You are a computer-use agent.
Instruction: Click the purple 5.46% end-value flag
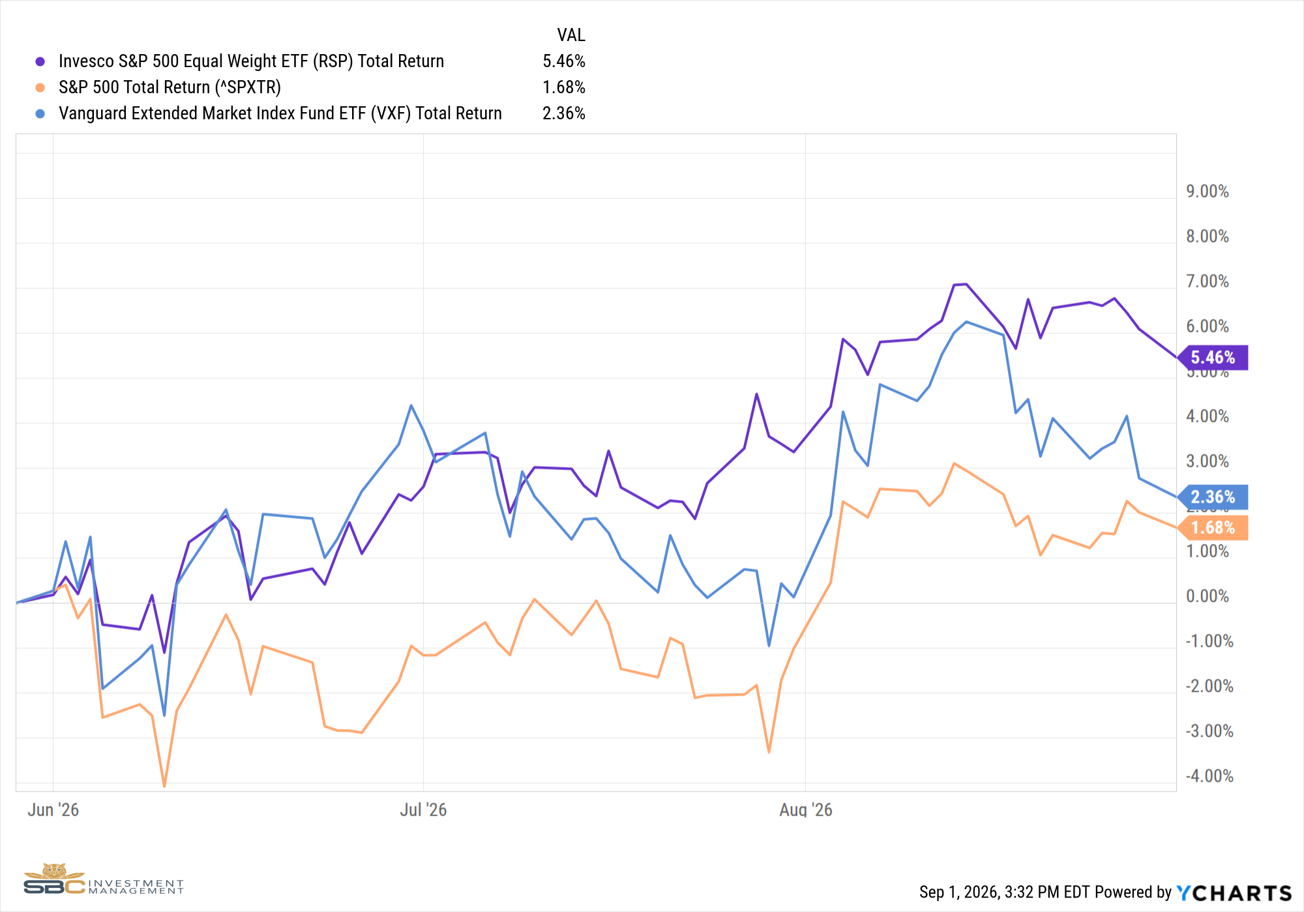click(x=1213, y=357)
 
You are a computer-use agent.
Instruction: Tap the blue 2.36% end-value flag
click(x=1213, y=497)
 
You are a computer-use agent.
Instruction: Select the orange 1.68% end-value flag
click(x=1213, y=527)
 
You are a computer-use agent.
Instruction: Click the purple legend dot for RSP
click(x=40, y=61)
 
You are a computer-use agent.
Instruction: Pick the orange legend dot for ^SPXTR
click(x=40, y=87)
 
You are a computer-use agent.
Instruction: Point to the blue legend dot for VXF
click(x=40, y=113)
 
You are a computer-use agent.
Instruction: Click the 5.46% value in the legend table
click(x=564, y=61)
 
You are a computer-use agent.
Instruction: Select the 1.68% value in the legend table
click(x=564, y=87)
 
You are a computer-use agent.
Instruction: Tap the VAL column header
click(x=571, y=35)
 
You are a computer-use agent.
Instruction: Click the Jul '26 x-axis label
click(x=423, y=810)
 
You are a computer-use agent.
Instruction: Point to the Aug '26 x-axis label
click(x=806, y=810)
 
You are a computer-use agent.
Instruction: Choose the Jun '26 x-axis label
click(x=53, y=810)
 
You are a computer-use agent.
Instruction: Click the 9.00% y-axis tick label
click(x=1208, y=191)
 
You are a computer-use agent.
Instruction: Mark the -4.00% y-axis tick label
click(x=1209, y=776)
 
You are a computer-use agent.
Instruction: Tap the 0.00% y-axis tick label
click(x=1208, y=596)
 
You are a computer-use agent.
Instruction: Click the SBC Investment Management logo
click(x=104, y=879)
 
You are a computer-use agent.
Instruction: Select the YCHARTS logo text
click(x=1234, y=892)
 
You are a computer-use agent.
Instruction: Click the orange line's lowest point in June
click(x=164, y=786)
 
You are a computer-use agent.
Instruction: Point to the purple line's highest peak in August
click(x=966, y=284)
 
